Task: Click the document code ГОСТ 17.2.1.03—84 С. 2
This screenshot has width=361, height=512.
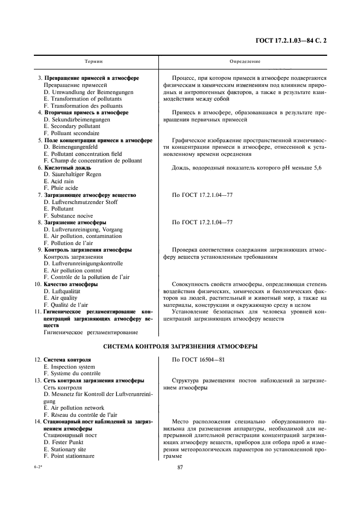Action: tap(294, 40)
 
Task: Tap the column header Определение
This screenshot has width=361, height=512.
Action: tap(245, 62)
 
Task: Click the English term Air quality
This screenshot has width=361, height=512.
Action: tap(63, 298)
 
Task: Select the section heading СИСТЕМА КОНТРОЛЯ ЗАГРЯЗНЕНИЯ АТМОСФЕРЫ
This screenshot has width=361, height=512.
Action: tap(180, 347)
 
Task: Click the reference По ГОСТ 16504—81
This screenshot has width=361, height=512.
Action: tap(198, 360)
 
